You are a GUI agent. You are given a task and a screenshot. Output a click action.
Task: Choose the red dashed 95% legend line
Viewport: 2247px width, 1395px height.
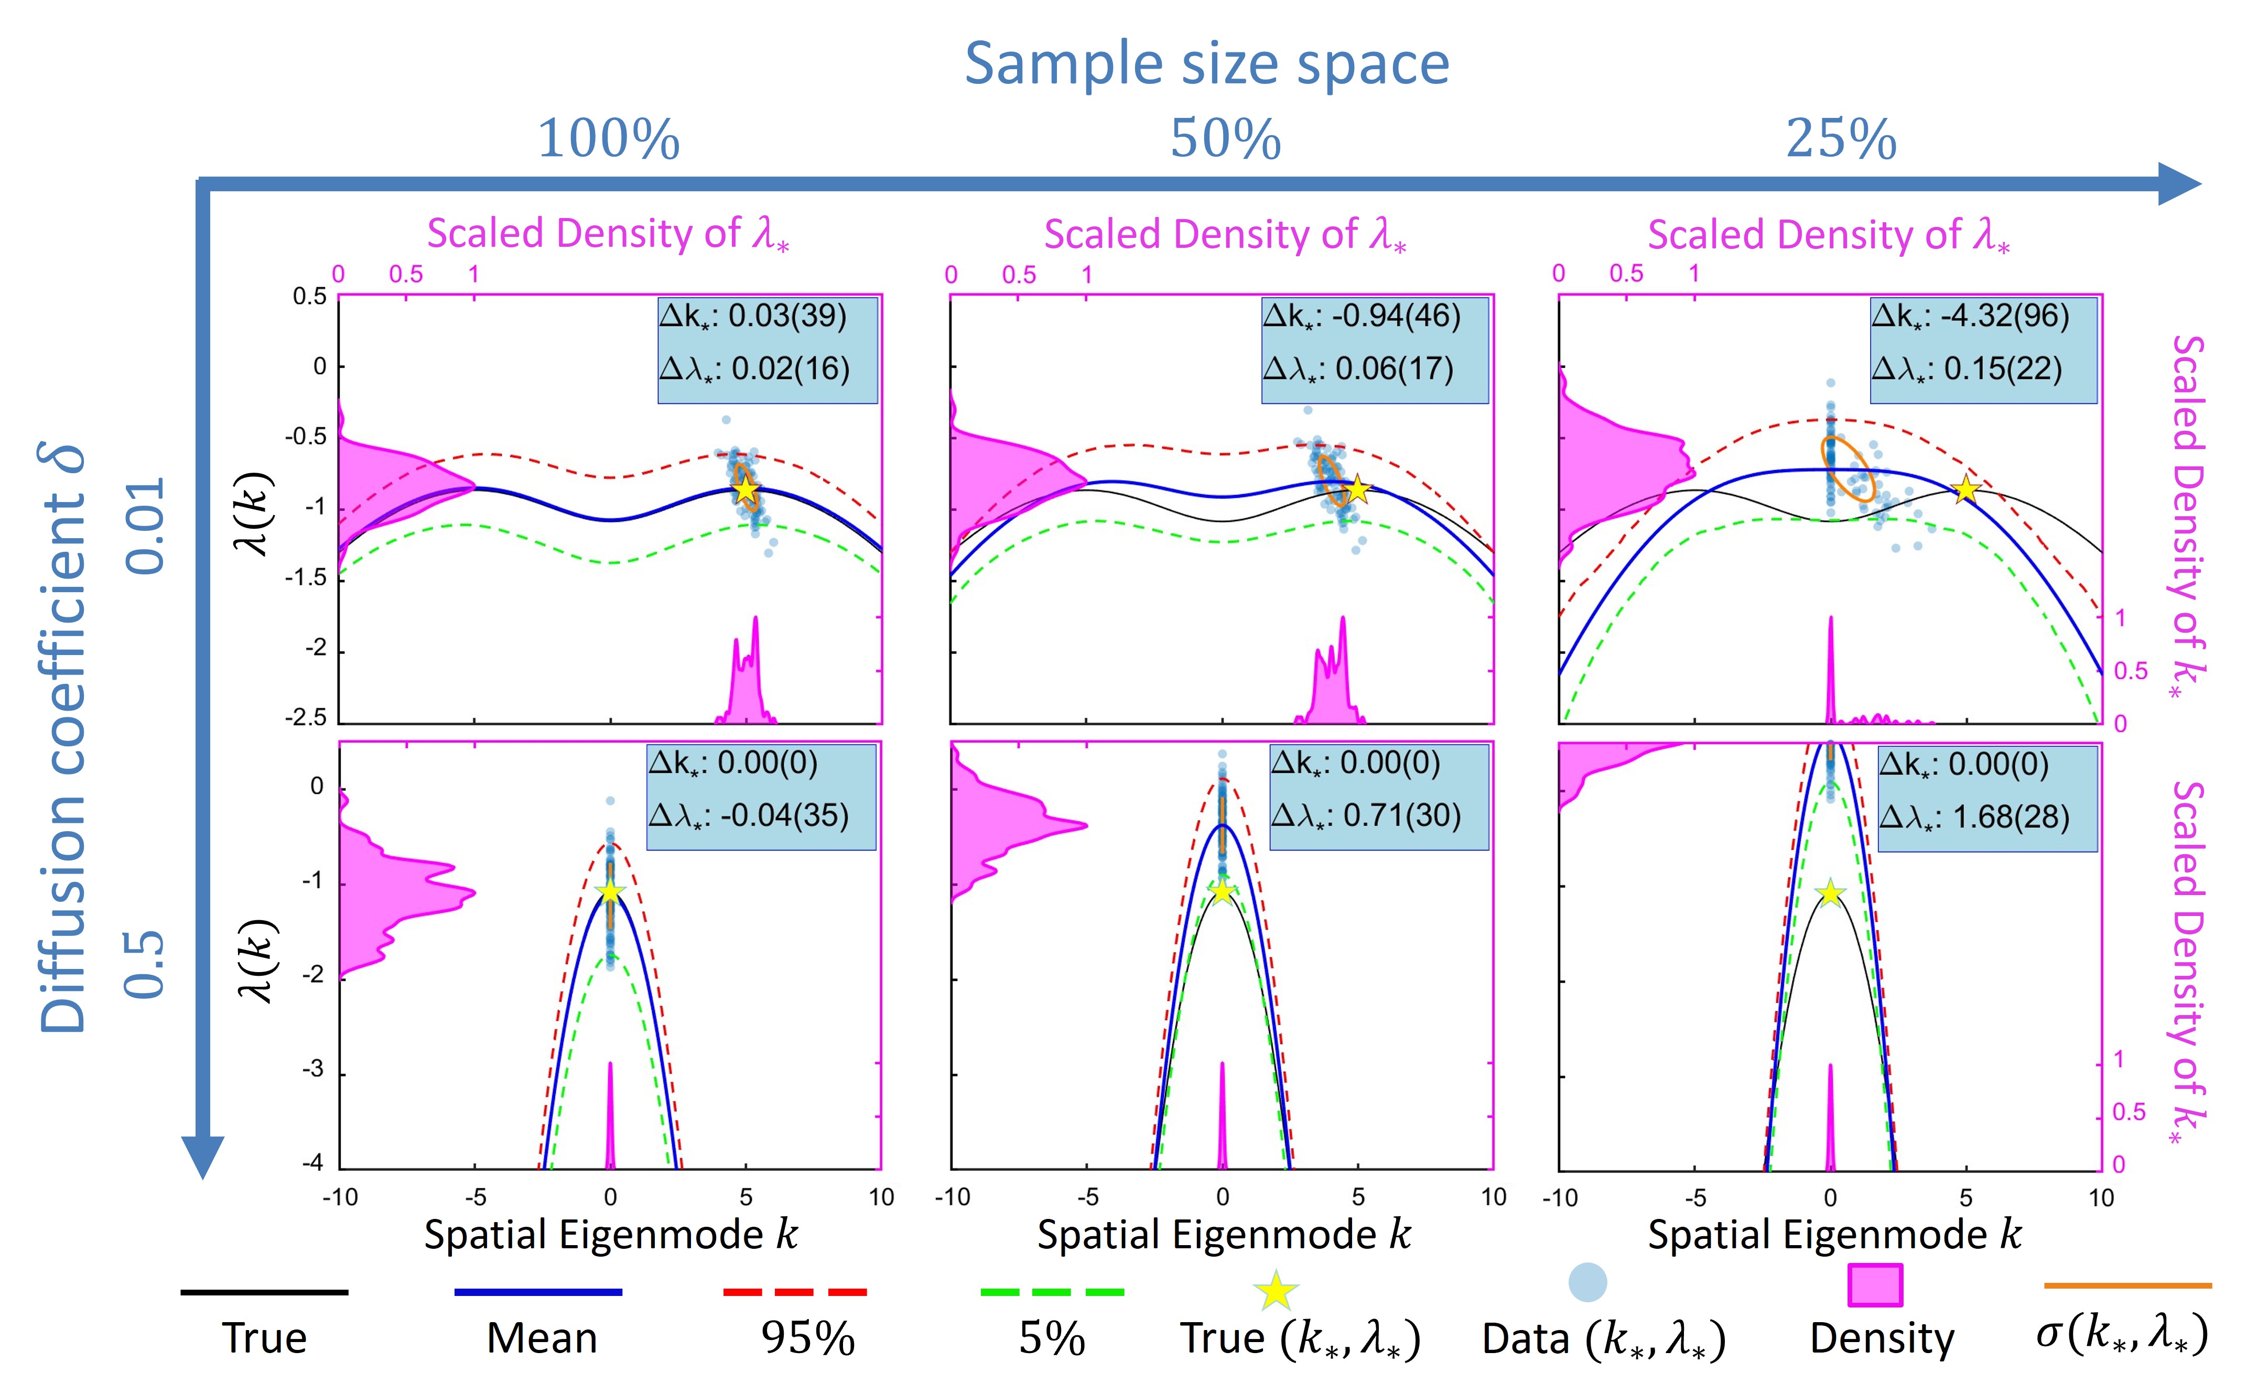[x=795, y=1292]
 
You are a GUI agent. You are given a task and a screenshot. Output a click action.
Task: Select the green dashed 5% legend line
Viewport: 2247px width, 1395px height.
[x=1052, y=1292]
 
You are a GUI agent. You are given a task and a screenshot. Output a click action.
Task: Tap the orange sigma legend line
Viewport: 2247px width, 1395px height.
[x=2127, y=1284]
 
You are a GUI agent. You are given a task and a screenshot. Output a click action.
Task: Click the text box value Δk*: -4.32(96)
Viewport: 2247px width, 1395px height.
[x=1970, y=317]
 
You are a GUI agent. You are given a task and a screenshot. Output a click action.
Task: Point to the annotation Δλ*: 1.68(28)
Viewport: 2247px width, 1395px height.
[x=1975, y=816]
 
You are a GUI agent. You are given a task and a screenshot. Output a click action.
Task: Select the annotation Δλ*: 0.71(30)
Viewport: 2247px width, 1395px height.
[x=1366, y=815]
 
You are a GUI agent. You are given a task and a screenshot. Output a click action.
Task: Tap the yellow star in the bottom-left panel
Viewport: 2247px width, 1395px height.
[x=610, y=891]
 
